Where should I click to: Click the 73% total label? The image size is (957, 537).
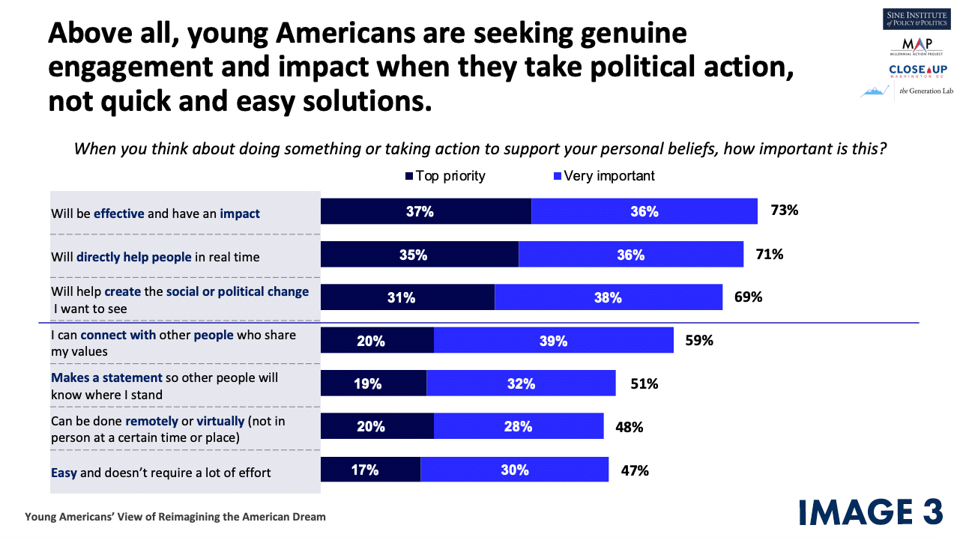coord(784,210)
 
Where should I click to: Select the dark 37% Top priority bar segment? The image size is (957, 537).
coord(426,211)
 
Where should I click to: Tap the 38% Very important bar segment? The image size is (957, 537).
coord(608,297)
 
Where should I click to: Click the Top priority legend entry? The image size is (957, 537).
coord(445,176)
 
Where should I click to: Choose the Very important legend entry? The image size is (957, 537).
coord(603,176)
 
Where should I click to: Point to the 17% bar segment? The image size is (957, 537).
coord(370,470)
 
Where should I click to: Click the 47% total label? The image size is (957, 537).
coord(634,470)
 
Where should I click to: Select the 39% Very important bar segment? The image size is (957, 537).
coord(553,341)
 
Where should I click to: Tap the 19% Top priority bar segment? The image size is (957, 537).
coord(373,384)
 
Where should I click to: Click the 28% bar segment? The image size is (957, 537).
coord(518,427)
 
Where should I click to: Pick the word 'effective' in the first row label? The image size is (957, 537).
coord(118,213)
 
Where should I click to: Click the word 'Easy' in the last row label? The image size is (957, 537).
coord(64,473)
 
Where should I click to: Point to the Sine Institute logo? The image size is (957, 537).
coord(914,19)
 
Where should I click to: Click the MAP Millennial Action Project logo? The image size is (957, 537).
coord(915,46)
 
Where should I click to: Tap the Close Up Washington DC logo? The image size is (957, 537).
coord(914,71)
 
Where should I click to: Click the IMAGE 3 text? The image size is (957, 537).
coord(870,512)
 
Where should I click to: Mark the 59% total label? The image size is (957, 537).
coord(698,341)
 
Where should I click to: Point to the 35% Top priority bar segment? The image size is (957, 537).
coord(420,255)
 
